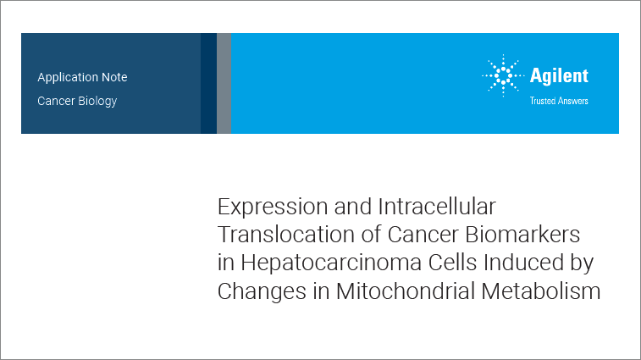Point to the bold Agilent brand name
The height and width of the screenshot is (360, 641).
(559, 76)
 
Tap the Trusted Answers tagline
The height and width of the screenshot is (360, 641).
(559, 101)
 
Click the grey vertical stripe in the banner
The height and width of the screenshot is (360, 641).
(224, 83)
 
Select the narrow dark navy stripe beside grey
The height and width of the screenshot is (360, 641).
(207, 83)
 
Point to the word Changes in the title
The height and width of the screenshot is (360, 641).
(260, 291)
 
